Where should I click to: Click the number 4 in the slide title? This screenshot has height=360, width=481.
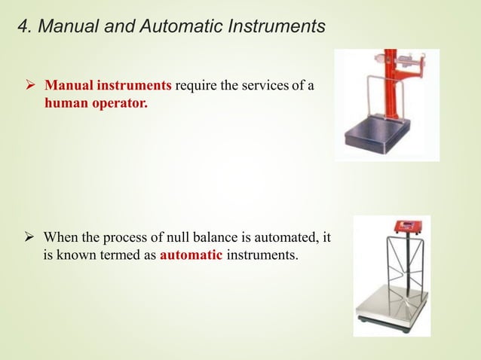pos(22,27)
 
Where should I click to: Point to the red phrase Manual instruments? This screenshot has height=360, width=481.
pos(109,87)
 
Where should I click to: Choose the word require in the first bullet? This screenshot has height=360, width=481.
pos(196,87)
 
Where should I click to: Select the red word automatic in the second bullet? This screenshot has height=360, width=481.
pos(191,256)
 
